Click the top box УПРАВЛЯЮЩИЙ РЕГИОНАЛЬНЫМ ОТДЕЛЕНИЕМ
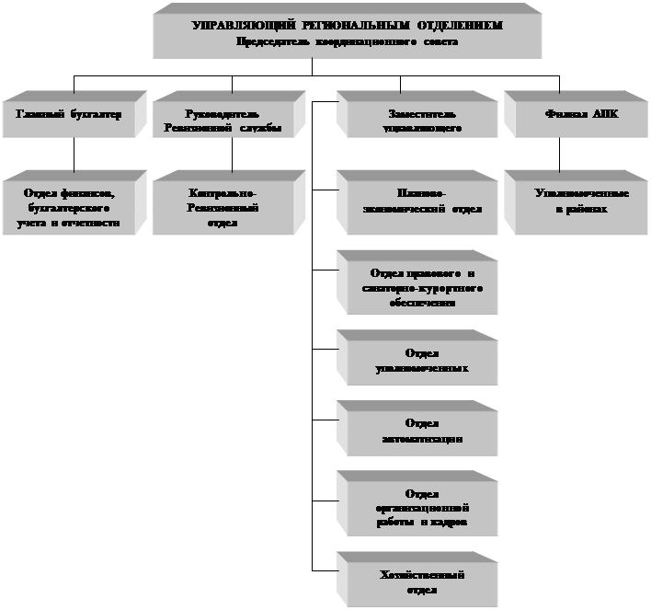(348, 34)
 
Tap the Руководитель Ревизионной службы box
(226, 121)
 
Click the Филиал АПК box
(570, 116)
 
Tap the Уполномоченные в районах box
(570, 202)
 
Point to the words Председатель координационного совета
(347, 41)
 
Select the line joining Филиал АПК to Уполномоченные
(559, 156)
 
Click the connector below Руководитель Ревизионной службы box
(232, 156)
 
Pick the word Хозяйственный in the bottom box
(421, 575)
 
